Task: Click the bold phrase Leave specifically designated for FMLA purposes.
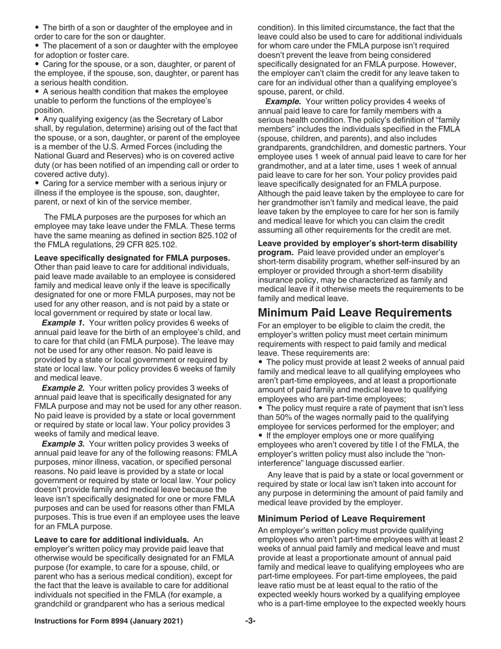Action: (132, 258)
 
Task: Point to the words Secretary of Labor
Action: (188, 119)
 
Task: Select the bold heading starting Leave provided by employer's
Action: (356, 243)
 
